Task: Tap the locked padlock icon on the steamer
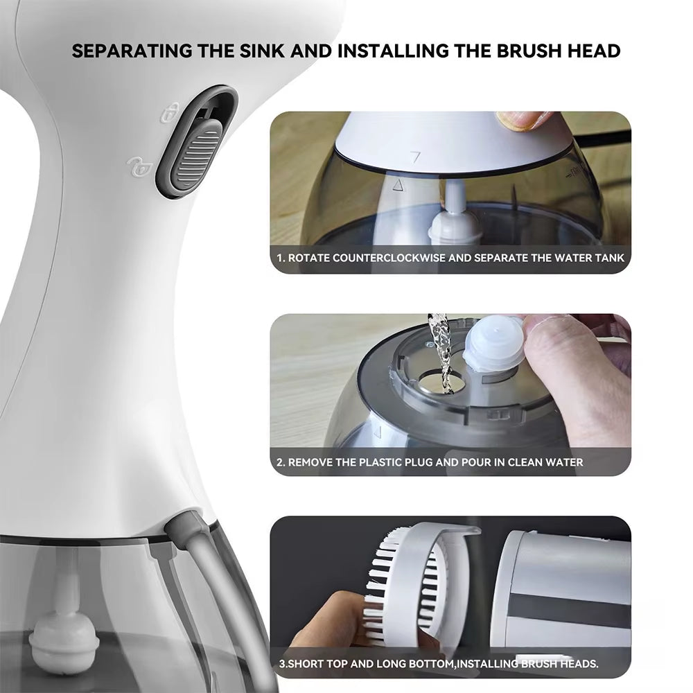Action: [x=170, y=112]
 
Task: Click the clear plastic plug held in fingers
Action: [x=493, y=343]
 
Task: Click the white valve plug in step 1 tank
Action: [x=455, y=225]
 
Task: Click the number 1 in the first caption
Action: [x=279, y=258]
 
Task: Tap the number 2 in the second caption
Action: [x=280, y=462]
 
